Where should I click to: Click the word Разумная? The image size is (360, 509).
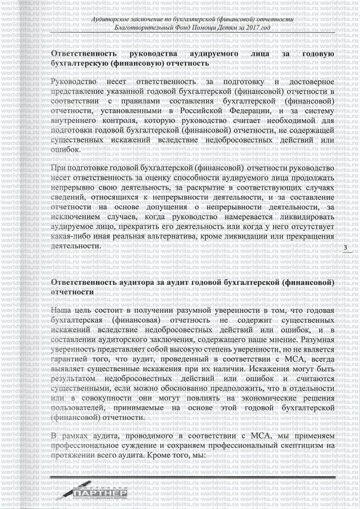(x=316, y=340)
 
